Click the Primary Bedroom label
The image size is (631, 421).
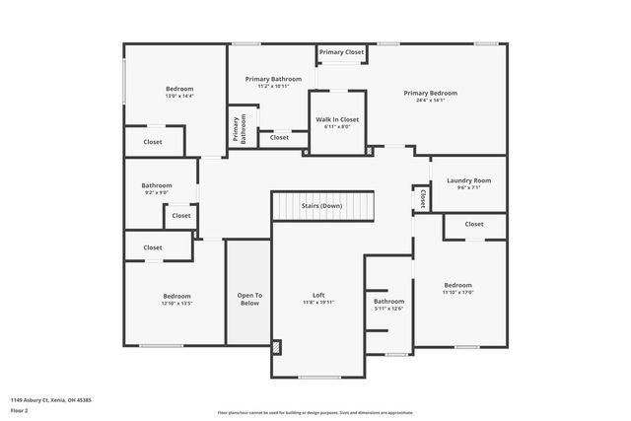click(x=430, y=93)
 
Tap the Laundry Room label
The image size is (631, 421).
click(x=468, y=180)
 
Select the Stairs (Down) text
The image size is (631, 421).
click(x=322, y=206)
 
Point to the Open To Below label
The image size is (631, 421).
click(x=249, y=296)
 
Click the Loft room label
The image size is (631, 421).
click(x=318, y=295)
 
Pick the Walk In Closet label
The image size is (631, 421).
click(x=337, y=119)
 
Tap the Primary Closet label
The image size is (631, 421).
click(x=342, y=52)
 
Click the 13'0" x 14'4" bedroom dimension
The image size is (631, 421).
click(x=179, y=96)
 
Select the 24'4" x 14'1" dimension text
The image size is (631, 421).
click(x=430, y=100)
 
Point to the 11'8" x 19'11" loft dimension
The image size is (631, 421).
click(x=318, y=302)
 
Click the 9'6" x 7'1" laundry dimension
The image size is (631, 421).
click(x=468, y=187)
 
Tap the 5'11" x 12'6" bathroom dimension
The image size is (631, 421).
click(x=388, y=309)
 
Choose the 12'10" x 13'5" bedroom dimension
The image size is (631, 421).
click(x=176, y=304)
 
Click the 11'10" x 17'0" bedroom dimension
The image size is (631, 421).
click(x=457, y=293)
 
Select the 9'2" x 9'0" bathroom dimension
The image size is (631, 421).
click(x=156, y=192)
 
